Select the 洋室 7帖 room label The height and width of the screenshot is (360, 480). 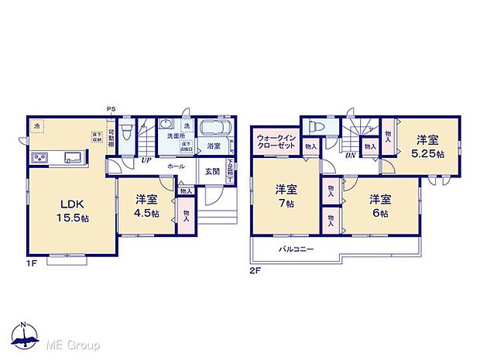coord(286,195)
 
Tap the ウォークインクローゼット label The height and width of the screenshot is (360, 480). coord(276,145)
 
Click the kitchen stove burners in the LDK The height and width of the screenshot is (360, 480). coord(39,158)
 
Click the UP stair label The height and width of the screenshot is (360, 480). coord(146,160)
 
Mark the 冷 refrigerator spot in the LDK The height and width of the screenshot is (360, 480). coord(36,125)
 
